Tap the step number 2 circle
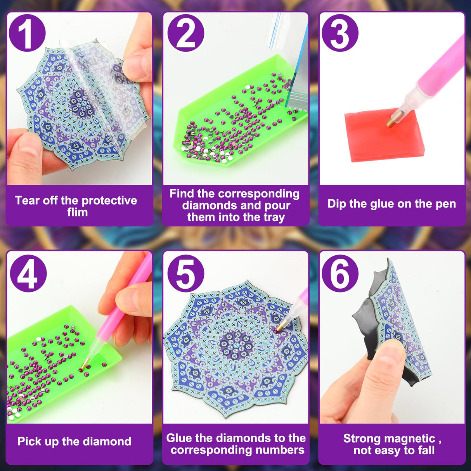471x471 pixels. [x=185, y=33]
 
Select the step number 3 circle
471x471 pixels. [x=339, y=33]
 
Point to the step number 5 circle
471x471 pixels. [x=185, y=274]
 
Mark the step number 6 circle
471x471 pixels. [x=339, y=274]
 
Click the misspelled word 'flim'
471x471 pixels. [x=77, y=213]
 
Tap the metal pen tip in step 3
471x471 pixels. [x=391, y=122]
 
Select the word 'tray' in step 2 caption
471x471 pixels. [x=274, y=217]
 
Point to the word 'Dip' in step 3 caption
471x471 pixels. [x=336, y=204]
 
